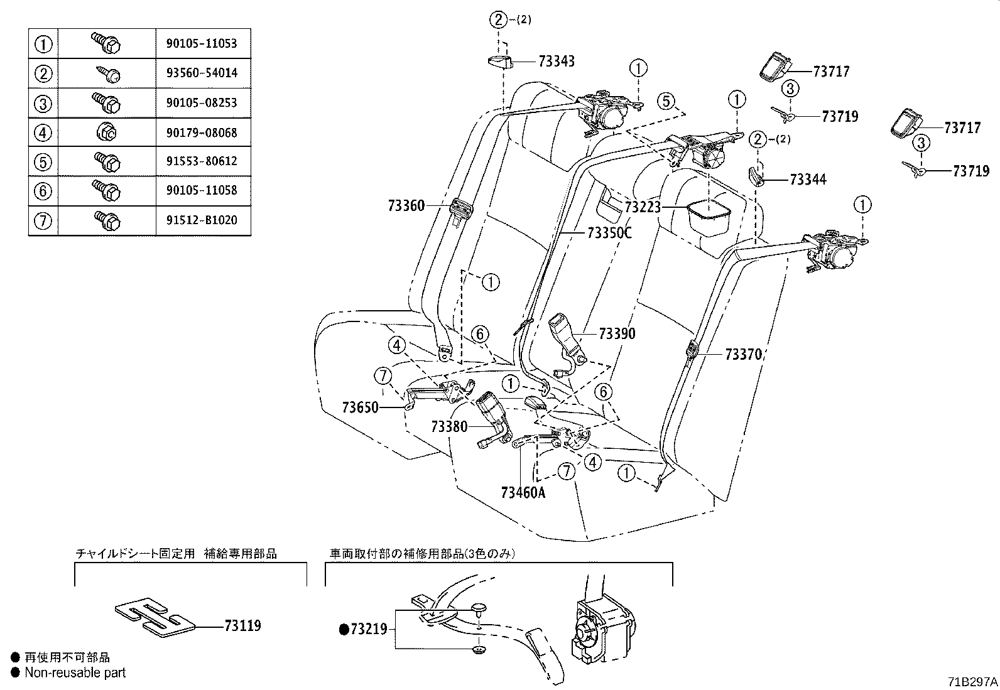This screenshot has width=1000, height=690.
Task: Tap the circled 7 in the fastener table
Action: tap(43, 220)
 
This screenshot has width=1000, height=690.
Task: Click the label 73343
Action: tap(557, 62)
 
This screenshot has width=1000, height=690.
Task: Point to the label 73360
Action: tap(406, 206)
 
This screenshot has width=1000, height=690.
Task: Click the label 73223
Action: tap(643, 207)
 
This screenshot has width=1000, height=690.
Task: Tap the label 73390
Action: tap(617, 334)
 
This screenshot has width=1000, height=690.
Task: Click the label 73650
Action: tap(361, 407)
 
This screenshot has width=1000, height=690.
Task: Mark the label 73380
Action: tap(449, 427)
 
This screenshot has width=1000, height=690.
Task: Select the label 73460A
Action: tap(523, 492)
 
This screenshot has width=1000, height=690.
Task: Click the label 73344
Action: tap(808, 180)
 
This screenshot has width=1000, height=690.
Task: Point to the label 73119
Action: tap(243, 626)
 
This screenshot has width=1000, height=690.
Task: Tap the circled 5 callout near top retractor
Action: tap(666, 100)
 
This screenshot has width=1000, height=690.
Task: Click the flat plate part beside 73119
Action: tap(156, 617)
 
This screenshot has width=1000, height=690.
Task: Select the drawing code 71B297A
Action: tap(972, 682)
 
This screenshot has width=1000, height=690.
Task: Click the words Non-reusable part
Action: tap(75, 673)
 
